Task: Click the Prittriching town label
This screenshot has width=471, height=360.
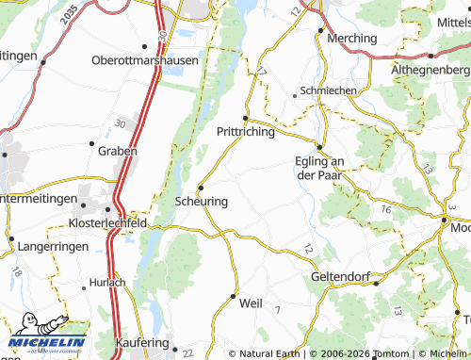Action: coord(246,132)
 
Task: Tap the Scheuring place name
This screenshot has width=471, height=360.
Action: coord(201,201)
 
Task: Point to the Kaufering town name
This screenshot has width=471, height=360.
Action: coord(145,343)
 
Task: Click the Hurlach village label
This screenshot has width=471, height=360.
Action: coord(107,282)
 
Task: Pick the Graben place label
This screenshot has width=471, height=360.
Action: coord(118,151)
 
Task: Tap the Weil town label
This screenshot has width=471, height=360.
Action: coord(251,303)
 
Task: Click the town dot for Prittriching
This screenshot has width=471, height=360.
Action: coord(246,118)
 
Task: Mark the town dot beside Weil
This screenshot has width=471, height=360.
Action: coord(234,296)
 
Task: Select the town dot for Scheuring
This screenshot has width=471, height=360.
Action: coord(200,188)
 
